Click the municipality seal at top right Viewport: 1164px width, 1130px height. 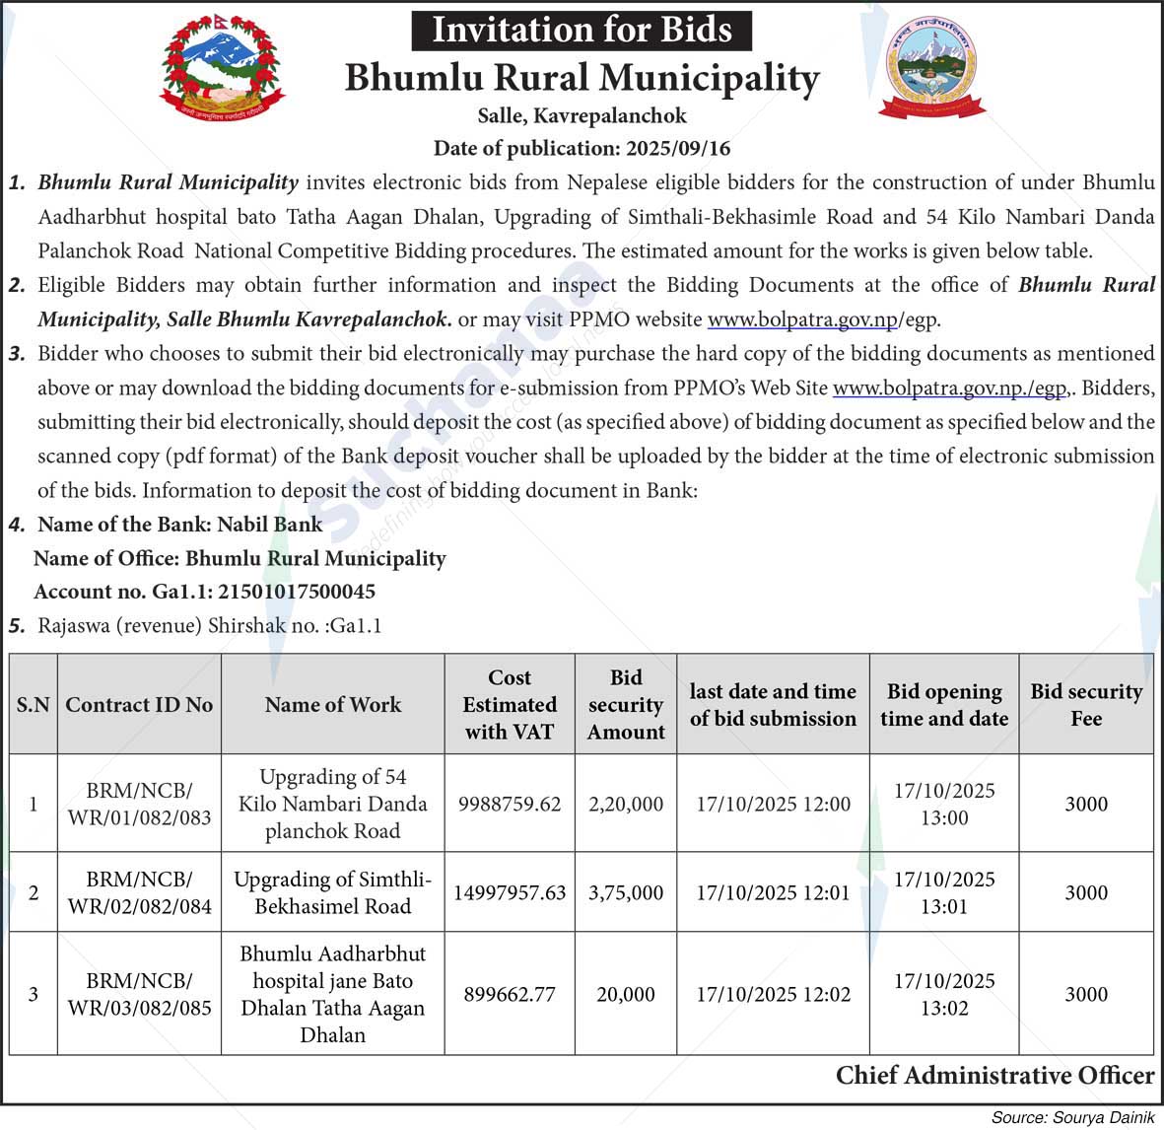931,69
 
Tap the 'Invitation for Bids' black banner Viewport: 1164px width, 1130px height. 582,30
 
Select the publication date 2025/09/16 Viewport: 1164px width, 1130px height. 677,149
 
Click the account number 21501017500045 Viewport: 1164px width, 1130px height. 296,592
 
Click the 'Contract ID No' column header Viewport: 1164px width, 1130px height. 139,705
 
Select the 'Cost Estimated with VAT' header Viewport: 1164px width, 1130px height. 510,705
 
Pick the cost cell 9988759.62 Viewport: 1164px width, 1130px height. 510,804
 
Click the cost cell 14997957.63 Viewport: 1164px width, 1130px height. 510,892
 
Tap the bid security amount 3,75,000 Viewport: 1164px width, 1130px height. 626,892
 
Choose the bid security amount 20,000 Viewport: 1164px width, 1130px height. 626,994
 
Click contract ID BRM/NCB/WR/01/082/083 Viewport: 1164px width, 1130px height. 139,804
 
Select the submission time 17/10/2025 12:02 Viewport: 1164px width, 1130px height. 773,994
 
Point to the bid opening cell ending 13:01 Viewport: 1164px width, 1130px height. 944,892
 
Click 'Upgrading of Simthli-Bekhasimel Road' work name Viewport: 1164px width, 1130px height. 333,892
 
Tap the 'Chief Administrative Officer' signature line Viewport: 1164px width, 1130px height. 994,1075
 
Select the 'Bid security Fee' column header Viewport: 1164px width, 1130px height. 1086,705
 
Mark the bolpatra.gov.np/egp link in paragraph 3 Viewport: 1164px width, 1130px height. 949,388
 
